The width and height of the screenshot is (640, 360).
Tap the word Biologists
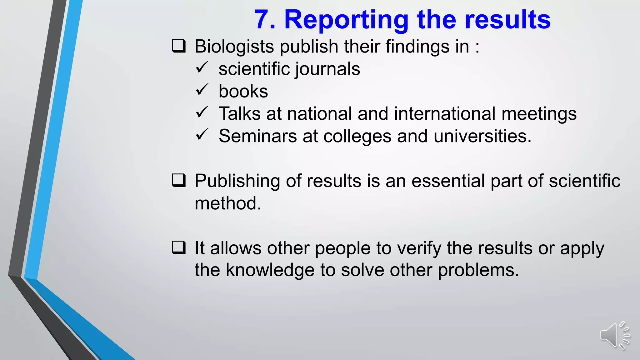coord(234,47)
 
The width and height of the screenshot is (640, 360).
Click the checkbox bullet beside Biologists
coord(179,46)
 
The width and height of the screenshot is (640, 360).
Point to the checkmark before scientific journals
coord(202,67)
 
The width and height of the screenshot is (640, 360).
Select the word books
coord(243,91)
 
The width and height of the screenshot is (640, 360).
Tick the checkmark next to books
coord(202,90)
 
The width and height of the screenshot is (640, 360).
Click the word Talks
coord(239,113)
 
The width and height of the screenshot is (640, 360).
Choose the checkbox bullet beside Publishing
coord(179,180)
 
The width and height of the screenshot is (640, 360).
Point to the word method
coord(227,203)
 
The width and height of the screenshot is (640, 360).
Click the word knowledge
coord(270,270)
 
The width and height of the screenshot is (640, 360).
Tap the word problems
coord(478,270)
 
